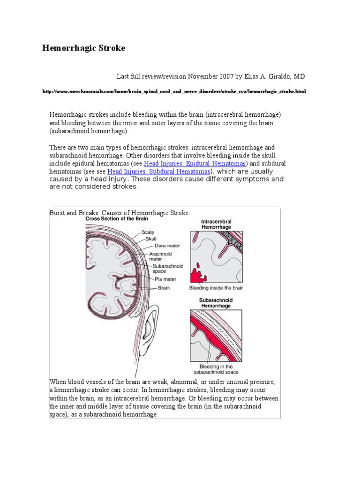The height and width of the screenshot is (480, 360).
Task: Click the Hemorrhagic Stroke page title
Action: [84, 48]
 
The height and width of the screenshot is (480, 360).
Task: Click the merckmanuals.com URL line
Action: [173, 91]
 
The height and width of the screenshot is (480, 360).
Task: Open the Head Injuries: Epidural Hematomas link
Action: [195, 164]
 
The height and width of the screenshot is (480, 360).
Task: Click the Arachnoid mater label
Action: [160, 255]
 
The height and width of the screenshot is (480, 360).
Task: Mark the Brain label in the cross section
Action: [164, 287]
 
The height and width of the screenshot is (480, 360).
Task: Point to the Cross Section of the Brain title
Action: [117, 219]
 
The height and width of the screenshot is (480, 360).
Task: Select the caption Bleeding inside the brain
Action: [216, 288]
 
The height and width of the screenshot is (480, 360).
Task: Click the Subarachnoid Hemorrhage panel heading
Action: [216, 303]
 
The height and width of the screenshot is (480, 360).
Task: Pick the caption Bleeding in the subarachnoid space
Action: [216, 369]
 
